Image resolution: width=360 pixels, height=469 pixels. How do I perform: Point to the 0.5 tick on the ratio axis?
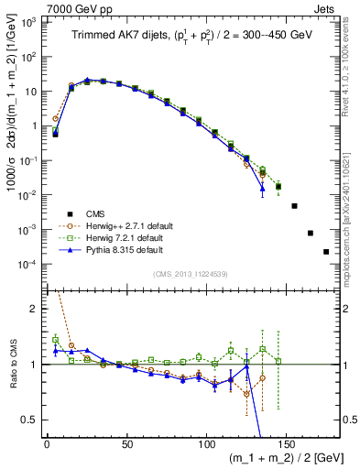pos(31,420)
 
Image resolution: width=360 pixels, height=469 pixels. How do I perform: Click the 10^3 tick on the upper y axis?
pos(29,21)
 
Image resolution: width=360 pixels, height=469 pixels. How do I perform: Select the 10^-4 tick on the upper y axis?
pos(29,264)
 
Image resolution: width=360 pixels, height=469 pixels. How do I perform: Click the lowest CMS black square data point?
pos(326,252)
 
